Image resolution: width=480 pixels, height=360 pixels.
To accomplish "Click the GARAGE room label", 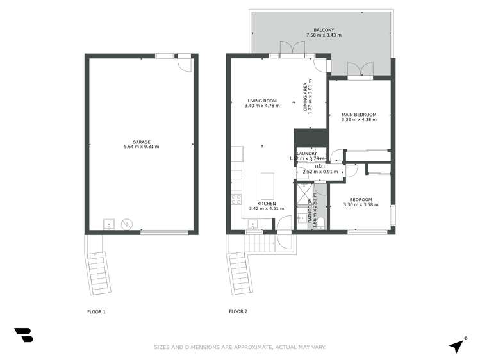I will [141, 142].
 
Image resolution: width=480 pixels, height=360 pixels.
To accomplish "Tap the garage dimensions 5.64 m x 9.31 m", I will [141, 147].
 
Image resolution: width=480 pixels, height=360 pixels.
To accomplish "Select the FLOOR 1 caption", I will [96, 312].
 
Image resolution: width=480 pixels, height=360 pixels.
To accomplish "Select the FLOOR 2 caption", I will [238, 312].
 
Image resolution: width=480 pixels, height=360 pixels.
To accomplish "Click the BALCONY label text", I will [323, 29].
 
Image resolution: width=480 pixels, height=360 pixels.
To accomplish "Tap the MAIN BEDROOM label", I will [359, 114].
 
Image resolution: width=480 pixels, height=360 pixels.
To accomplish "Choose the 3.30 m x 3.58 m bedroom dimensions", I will [361, 205].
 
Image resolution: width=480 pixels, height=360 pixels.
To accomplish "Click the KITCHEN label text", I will [266, 203].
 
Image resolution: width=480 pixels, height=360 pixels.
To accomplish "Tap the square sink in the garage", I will [109, 224].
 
